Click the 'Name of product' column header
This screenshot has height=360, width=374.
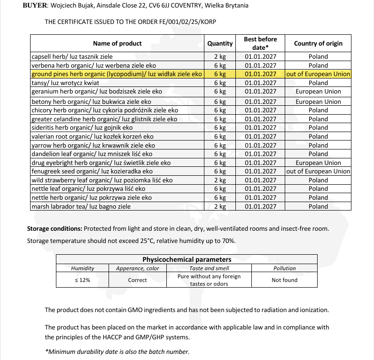click(x=117, y=43)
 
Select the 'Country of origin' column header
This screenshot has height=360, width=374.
click(x=318, y=43)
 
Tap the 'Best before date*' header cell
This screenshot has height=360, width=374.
click(x=260, y=43)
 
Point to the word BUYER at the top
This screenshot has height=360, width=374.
click(x=34, y=5)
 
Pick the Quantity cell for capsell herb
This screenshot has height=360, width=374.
click(x=220, y=57)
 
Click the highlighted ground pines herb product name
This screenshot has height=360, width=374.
click(x=117, y=74)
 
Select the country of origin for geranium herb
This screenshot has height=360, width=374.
click(x=318, y=92)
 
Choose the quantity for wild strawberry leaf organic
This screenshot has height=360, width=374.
click(x=220, y=180)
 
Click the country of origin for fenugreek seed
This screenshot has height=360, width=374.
click(x=318, y=172)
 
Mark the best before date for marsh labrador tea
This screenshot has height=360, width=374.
click(x=260, y=206)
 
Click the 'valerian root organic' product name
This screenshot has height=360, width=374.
click(x=92, y=136)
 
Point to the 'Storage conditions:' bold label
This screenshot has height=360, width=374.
click(x=55, y=229)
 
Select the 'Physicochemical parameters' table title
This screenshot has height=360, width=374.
click(x=187, y=259)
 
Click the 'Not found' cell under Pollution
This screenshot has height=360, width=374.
click(x=284, y=280)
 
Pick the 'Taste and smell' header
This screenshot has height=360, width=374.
click(x=209, y=268)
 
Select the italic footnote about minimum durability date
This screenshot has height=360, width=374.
click(x=117, y=352)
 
